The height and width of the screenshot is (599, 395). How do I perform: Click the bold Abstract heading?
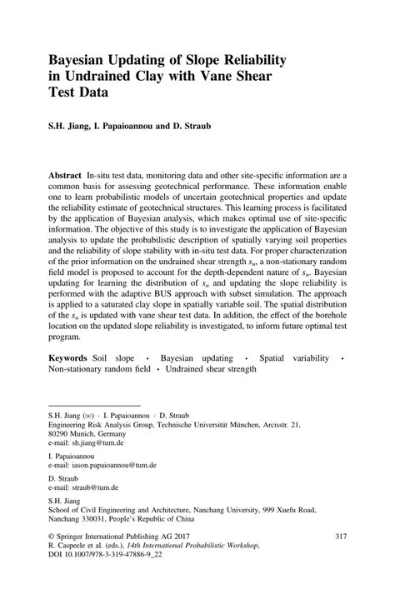click(64, 177)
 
